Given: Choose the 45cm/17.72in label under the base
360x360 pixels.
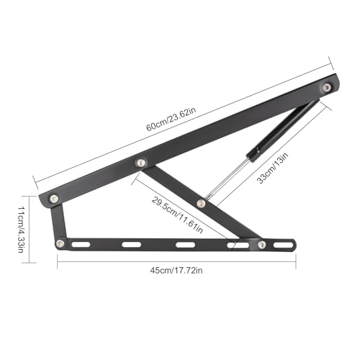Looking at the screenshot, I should pos(176,271).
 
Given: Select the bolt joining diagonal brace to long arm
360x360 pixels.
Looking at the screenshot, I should pos(141,163).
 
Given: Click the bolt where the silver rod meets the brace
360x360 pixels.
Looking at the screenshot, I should pos(201,204).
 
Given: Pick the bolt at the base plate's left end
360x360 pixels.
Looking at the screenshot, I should pos(60,243).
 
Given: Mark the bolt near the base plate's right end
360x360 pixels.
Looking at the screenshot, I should pos(262,245).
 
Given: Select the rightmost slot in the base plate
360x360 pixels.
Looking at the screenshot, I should pos(285,246).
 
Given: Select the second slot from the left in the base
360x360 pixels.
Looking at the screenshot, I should pos(132,246).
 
